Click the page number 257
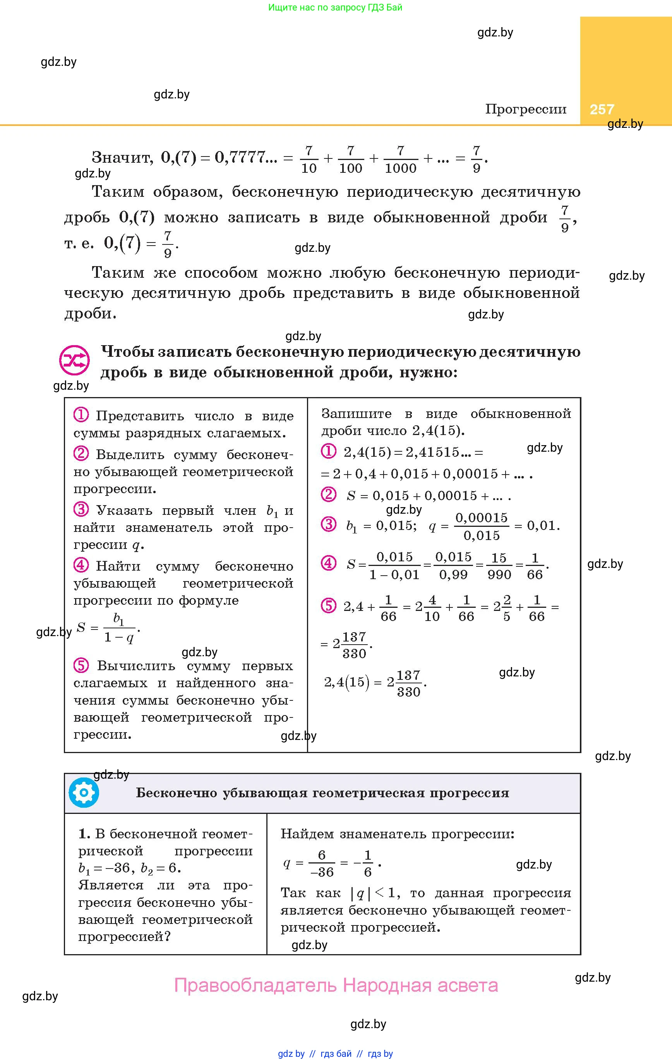602,109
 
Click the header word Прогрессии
526,108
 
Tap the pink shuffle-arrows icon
74,360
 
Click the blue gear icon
84,793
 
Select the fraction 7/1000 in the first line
400,159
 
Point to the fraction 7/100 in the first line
350,159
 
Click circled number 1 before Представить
81,415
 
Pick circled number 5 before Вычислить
81,665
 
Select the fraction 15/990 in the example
499,566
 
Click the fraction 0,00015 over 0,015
482,526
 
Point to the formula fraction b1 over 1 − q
119,628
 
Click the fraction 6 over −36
322,863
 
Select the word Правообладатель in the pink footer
255,985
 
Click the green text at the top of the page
335,7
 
